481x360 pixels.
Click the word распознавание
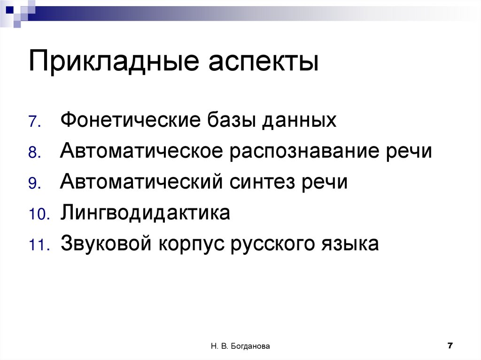point(303,152)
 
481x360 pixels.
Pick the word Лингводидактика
point(145,214)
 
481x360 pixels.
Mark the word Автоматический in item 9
point(139,183)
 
